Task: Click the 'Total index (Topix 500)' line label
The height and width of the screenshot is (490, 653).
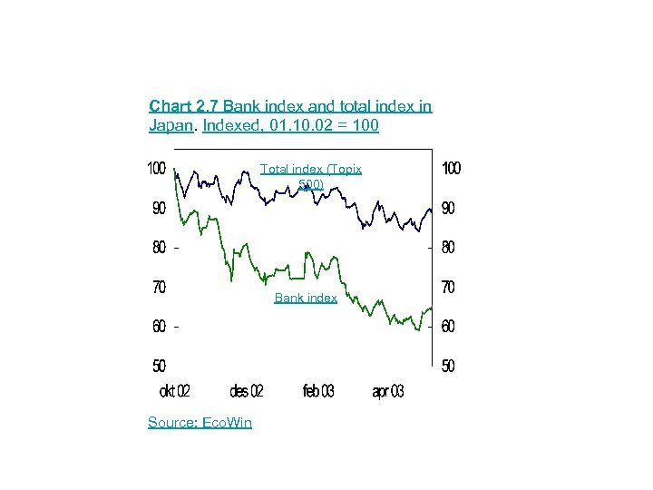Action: point(311,177)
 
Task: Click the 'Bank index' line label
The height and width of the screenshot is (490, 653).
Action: point(306,298)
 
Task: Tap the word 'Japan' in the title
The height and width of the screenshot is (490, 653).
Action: point(170,125)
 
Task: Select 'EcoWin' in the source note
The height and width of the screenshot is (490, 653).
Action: point(228,422)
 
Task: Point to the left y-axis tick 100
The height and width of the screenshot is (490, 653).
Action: point(156,169)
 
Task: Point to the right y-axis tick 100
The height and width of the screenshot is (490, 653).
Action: point(451,169)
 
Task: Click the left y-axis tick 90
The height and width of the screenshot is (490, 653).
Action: point(159,209)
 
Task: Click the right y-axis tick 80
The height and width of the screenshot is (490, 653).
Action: point(448,248)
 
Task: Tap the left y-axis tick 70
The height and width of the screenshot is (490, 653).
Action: point(159,288)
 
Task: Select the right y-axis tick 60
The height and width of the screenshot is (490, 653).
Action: point(448,327)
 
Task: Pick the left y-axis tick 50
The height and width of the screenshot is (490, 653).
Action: point(159,367)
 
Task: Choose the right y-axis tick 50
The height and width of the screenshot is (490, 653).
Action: point(448,367)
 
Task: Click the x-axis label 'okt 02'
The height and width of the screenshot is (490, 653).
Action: point(174,391)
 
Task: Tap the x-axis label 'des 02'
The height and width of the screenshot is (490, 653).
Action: point(247,391)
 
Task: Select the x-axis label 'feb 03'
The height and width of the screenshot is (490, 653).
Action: point(318,391)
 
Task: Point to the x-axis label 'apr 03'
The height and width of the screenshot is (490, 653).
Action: point(388,391)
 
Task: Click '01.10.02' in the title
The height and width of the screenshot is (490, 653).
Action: point(306,125)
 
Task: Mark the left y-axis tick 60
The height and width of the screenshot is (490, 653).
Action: point(159,327)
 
